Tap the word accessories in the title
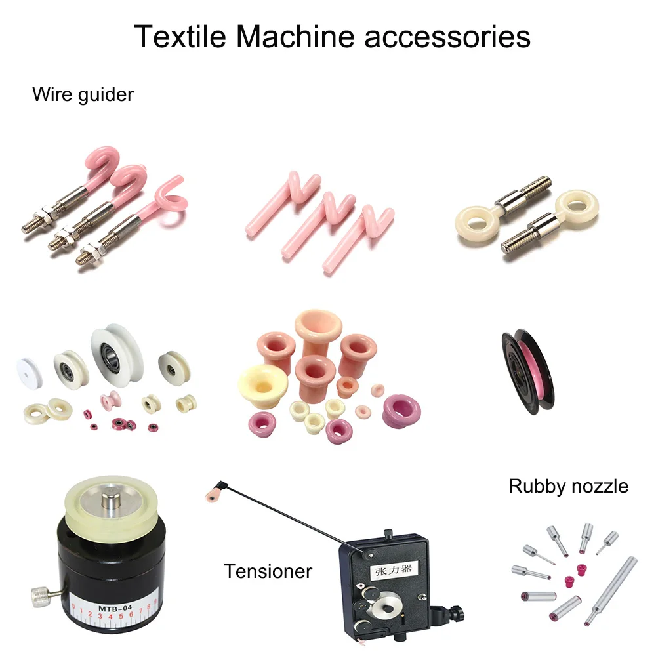tap(447, 36)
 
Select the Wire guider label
tap(83, 94)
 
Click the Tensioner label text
tap(268, 571)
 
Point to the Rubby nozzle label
tap(568, 486)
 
